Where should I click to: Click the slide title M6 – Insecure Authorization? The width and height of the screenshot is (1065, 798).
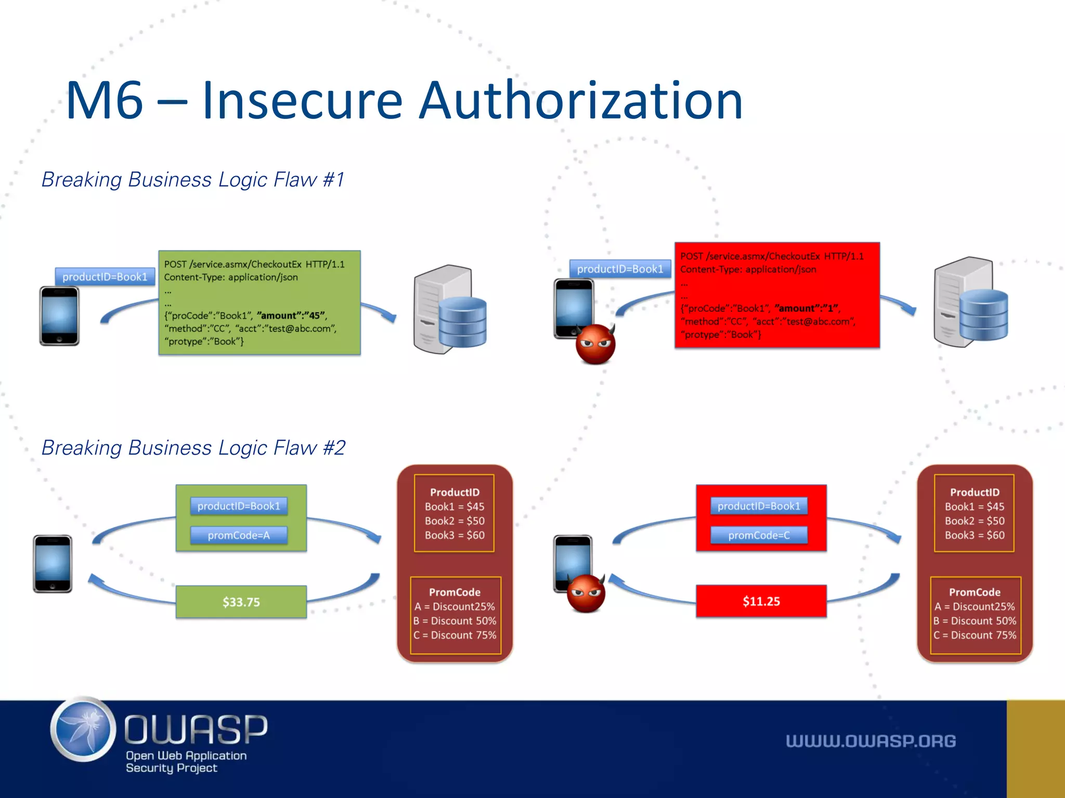404,101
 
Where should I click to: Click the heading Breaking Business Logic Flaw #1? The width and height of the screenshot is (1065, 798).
193,180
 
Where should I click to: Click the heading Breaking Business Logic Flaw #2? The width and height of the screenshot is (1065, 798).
193,448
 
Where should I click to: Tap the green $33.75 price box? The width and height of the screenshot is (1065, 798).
241,602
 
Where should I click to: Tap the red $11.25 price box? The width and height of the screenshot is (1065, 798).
761,602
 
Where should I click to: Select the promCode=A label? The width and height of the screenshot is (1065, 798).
239,536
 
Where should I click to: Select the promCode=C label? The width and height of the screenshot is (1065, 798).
759,536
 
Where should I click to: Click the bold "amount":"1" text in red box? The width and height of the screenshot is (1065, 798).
807,309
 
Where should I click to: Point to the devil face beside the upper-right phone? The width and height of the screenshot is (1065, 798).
595,344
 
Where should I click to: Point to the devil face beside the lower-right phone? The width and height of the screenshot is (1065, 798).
586,593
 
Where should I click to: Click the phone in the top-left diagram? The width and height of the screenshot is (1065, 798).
59,315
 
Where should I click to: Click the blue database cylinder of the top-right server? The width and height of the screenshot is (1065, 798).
983,315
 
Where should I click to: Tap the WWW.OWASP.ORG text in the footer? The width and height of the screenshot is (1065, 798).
871,741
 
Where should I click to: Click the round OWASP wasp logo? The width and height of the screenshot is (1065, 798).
83,729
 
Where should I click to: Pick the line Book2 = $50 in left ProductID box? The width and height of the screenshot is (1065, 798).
454,521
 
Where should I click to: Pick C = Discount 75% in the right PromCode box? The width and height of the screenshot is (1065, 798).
975,635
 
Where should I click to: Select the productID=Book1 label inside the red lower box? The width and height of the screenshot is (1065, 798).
759,506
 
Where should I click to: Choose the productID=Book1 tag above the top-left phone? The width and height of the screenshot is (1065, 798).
105,277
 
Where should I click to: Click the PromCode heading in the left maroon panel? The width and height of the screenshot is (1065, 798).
454,592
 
